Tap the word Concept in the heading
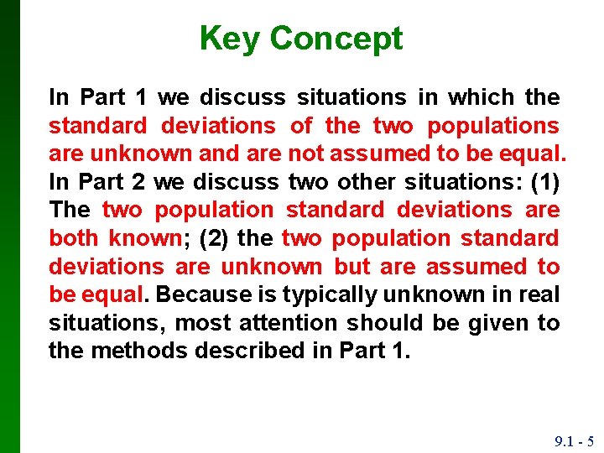click(336, 39)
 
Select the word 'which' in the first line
click(481, 97)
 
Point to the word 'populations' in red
click(493, 126)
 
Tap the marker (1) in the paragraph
click(544, 182)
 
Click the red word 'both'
click(73, 238)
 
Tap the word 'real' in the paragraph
click(539, 295)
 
